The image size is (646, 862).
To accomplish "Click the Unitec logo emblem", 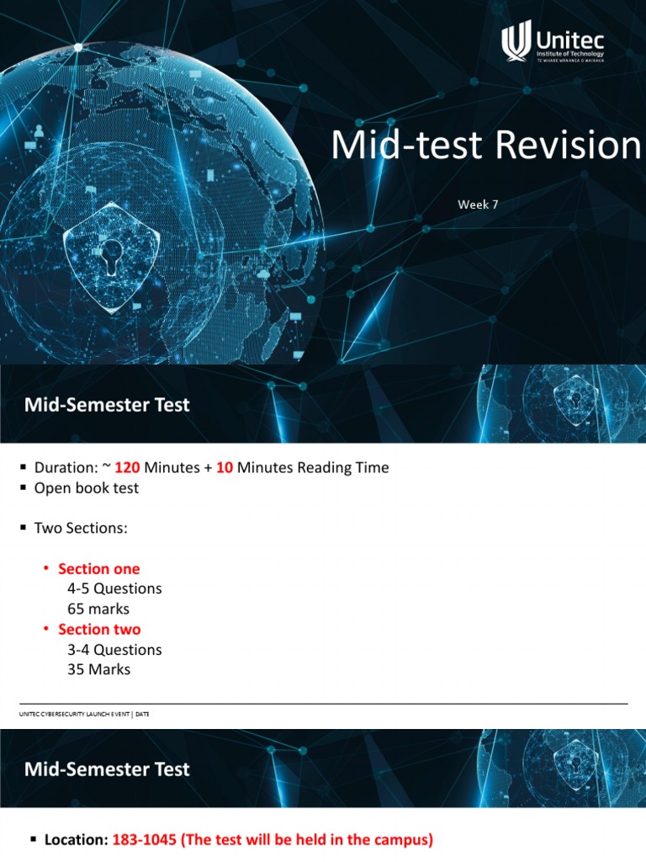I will (x=516, y=42).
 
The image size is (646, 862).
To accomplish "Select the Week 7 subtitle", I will (x=479, y=205).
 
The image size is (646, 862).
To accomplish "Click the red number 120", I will (x=128, y=468).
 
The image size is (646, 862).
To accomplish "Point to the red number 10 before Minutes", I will (x=224, y=468).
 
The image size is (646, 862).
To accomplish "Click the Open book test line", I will (x=86, y=488).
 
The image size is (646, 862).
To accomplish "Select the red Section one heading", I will (x=99, y=569).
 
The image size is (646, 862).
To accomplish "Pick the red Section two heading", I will (x=99, y=630).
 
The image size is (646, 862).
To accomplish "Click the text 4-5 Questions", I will (x=114, y=589).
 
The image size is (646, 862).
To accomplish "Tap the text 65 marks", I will (x=98, y=609).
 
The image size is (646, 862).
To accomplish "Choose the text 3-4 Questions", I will (x=114, y=650).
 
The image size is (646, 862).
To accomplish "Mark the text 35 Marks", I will (x=99, y=670).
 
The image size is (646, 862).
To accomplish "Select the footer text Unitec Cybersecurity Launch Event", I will (x=76, y=714).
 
